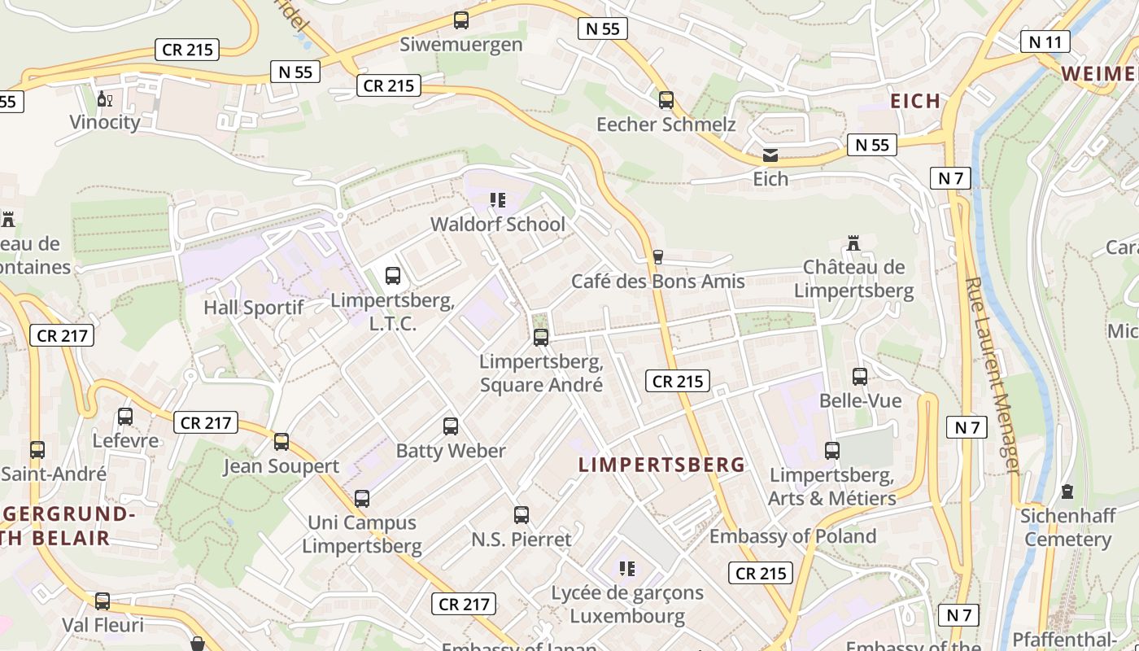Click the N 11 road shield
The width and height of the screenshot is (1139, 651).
tap(1045, 42)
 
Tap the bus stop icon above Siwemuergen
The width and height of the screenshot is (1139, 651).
tap(461, 20)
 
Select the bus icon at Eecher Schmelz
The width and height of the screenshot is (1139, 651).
tap(666, 100)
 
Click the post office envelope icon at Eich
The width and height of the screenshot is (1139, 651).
tap(770, 155)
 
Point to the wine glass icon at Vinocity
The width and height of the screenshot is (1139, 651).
tap(105, 99)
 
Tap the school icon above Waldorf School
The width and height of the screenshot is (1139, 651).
tap(498, 200)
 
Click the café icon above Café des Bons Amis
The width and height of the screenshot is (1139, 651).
tap(658, 257)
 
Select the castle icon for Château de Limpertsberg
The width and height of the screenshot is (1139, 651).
tap(853, 243)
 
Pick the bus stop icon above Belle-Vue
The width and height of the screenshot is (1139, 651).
tap(860, 377)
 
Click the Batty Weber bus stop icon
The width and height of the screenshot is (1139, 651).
tap(451, 426)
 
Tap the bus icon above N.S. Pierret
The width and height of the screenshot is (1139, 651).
tap(521, 515)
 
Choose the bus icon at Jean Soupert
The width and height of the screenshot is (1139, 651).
tap(281, 442)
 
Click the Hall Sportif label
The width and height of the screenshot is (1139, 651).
tap(253, 308)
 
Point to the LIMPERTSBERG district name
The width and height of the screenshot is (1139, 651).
tap(661, 465)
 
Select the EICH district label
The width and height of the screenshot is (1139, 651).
tap(915, 101)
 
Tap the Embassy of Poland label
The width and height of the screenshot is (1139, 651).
tap(792, 536)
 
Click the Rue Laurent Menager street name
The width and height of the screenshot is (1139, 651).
tap(992, 374)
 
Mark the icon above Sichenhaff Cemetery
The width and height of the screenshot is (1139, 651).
tap(1067, 492)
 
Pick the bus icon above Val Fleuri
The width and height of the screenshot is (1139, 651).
tap(103, 601)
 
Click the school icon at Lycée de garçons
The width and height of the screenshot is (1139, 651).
tap(627, 568)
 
